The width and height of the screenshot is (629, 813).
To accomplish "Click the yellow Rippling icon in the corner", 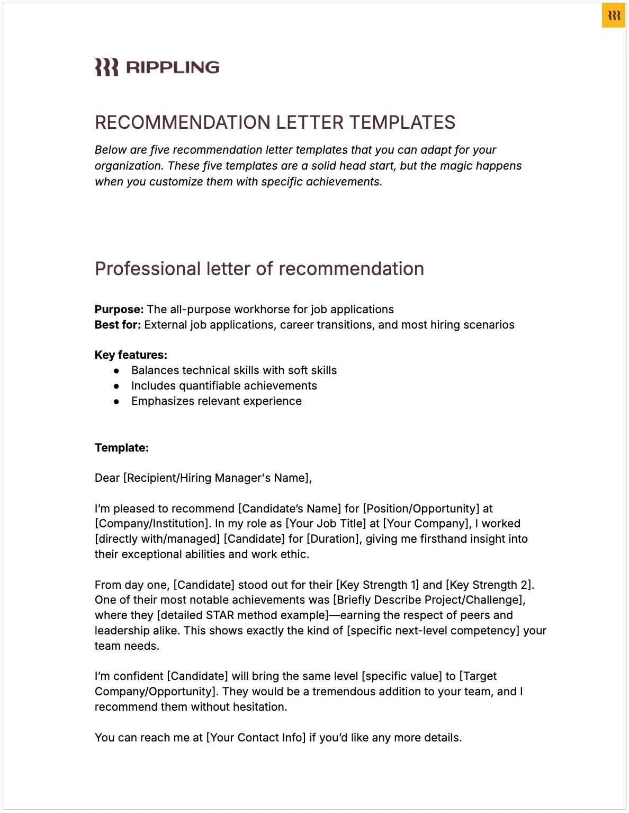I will pyautogui.click(x=614, y=15).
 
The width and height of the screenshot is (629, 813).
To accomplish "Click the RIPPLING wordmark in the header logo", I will pyautogui.click(x=173, y=67).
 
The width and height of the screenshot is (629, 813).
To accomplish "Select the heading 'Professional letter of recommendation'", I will pyautogui.click(x=259, y=269).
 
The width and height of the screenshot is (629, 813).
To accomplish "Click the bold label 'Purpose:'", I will pyautogui.click(x=119, y=310).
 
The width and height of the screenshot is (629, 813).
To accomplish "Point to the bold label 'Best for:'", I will pyautogui.click(x=118, y=325).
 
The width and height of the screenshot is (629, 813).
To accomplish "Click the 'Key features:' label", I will pyautogui.click(x=131, y=355).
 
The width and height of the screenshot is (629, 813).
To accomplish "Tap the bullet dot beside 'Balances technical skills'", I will pyautogui.click(x=116, y=371).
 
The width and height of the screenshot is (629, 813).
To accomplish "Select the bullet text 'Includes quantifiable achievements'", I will pyautogui.click(x=224, y=386).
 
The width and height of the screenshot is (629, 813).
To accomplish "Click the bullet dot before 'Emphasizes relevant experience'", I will pyautogui.click(x=116, y=402).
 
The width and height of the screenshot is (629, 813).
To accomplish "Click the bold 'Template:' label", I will pyautogui.click(x=122, y=448).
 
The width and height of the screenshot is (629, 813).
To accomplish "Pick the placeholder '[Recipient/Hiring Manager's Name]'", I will pyautogui.click(x=217, y=478).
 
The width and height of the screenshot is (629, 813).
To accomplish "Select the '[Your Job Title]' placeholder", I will pyautogui.click(x=326, y=524).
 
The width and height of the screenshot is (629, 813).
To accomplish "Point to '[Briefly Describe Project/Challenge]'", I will pyautogui.click(x=428, y=600).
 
